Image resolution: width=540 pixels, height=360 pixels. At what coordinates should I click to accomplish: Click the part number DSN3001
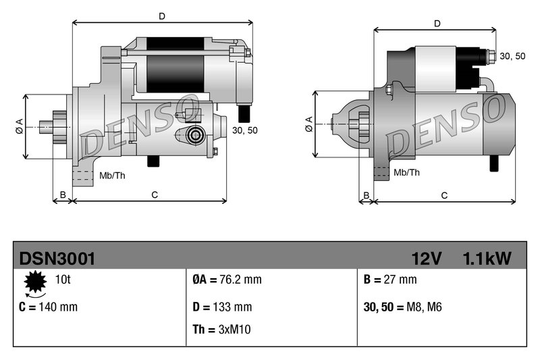[57, 258]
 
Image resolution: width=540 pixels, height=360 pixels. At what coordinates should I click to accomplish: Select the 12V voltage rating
[427, 258]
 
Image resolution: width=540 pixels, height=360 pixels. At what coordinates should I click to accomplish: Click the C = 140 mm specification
[49, 307]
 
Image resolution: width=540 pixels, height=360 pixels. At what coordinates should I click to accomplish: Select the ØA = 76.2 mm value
[222, 280]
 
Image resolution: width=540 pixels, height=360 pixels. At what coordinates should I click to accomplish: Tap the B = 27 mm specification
[390, 280]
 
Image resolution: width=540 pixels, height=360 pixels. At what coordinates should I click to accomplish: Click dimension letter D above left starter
[161, 15]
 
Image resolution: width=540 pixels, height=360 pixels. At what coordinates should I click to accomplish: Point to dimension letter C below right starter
[444, 195]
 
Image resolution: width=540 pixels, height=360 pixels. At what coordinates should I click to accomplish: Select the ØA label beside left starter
[19, 126]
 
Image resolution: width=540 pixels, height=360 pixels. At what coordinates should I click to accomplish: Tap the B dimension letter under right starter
[366, 195]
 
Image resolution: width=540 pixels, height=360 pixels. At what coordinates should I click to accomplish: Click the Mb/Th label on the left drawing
[111, 176]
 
